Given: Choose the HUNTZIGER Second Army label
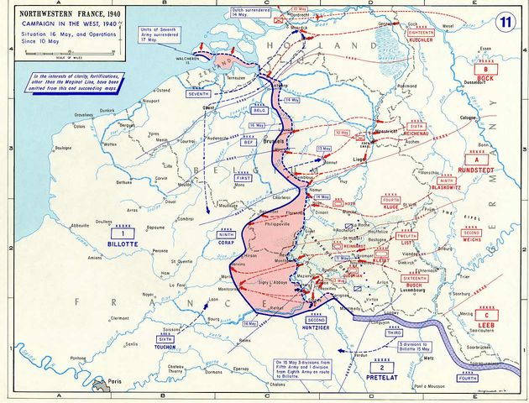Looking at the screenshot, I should coord(316,327).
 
